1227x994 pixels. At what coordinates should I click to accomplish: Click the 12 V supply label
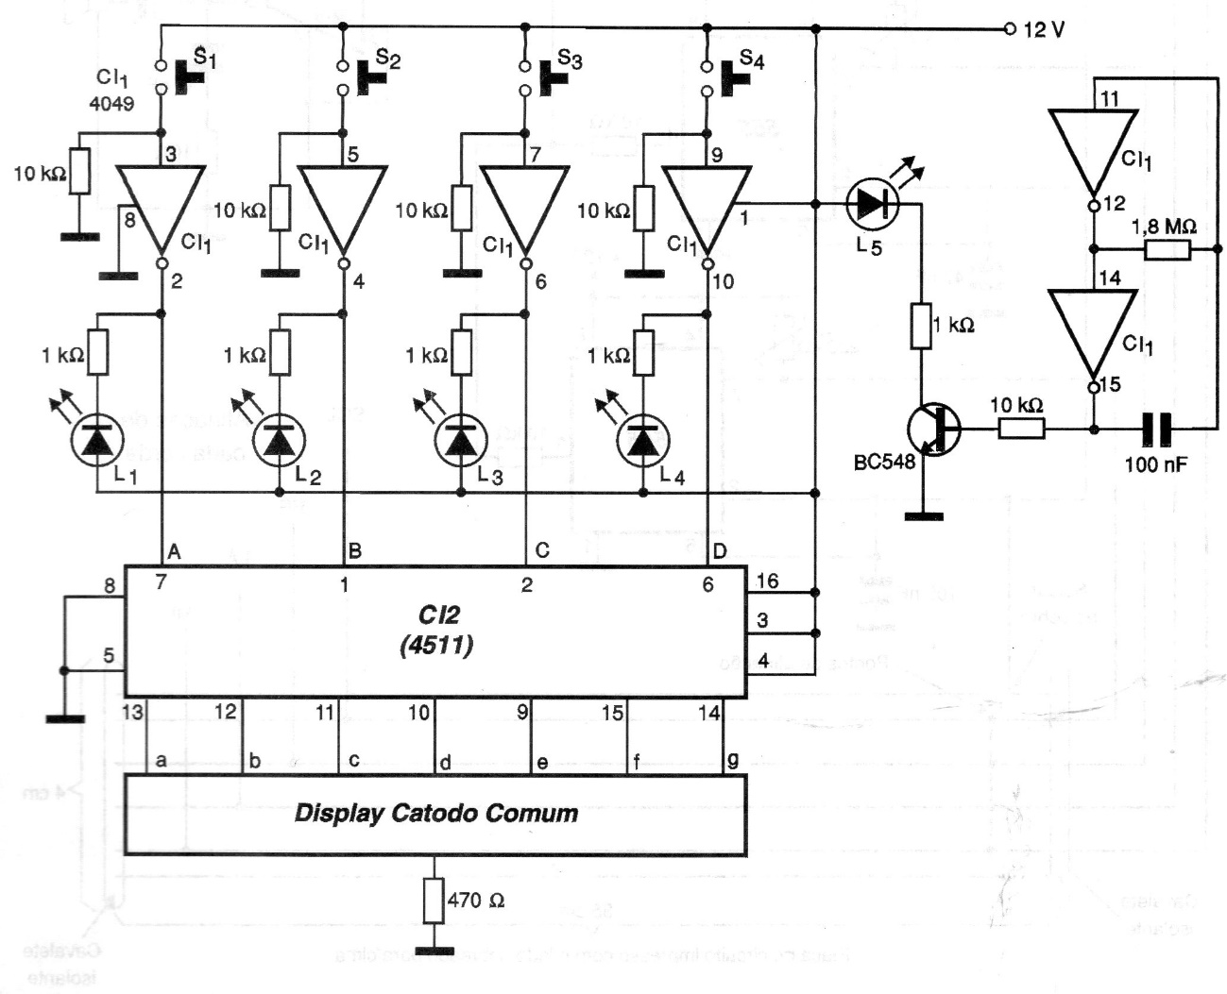tap(1043, 30)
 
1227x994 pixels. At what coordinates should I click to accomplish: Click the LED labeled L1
tap(97, 440)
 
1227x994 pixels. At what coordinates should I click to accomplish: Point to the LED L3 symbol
tap(461, 440)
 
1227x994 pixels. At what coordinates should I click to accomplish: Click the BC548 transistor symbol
tap(933, 430)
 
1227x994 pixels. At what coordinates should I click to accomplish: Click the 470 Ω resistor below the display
tap(435, 901)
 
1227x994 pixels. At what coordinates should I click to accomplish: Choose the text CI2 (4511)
tap(436, 630)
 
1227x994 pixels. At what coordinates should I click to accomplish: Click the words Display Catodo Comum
tap(435, 813)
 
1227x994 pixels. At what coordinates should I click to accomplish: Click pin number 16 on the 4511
tap(768, 581)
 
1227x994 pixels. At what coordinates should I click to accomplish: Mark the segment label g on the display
tap(732, 761)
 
